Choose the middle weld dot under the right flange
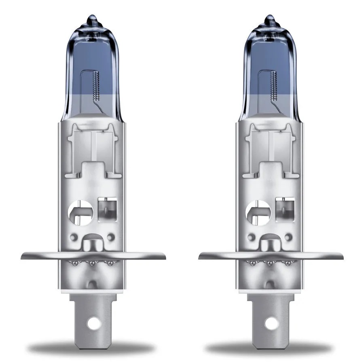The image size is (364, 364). pos(269,263)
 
